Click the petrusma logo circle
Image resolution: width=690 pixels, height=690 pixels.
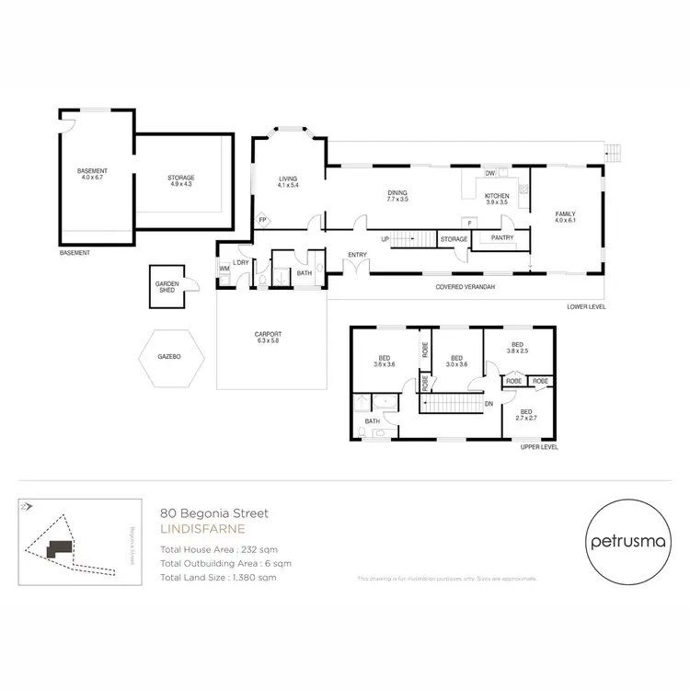(x=629, y=542)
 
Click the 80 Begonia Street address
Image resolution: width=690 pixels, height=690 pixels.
(x=213, y=514)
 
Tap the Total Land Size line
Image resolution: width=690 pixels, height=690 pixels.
(x=218, y=577)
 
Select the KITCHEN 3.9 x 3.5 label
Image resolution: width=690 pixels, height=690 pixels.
(x=497, y=198)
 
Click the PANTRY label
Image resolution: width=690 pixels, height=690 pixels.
(x=502, y=238)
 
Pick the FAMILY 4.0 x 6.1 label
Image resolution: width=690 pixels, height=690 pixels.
(x=564, y=217)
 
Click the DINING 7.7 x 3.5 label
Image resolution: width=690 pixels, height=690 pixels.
(x=397, y=196)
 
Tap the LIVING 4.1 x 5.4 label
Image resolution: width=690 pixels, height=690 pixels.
(x=290, y=181)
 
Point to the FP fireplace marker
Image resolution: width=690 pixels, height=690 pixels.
(x=262, y=220)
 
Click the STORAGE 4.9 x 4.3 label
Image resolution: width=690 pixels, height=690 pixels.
(x=181, y=180)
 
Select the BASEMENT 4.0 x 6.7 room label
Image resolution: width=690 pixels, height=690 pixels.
(x=92, y=174)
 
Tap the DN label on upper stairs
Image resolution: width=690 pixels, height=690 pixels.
(x=489, y=403)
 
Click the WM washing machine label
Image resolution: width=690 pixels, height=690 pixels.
(x=224, y=269)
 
